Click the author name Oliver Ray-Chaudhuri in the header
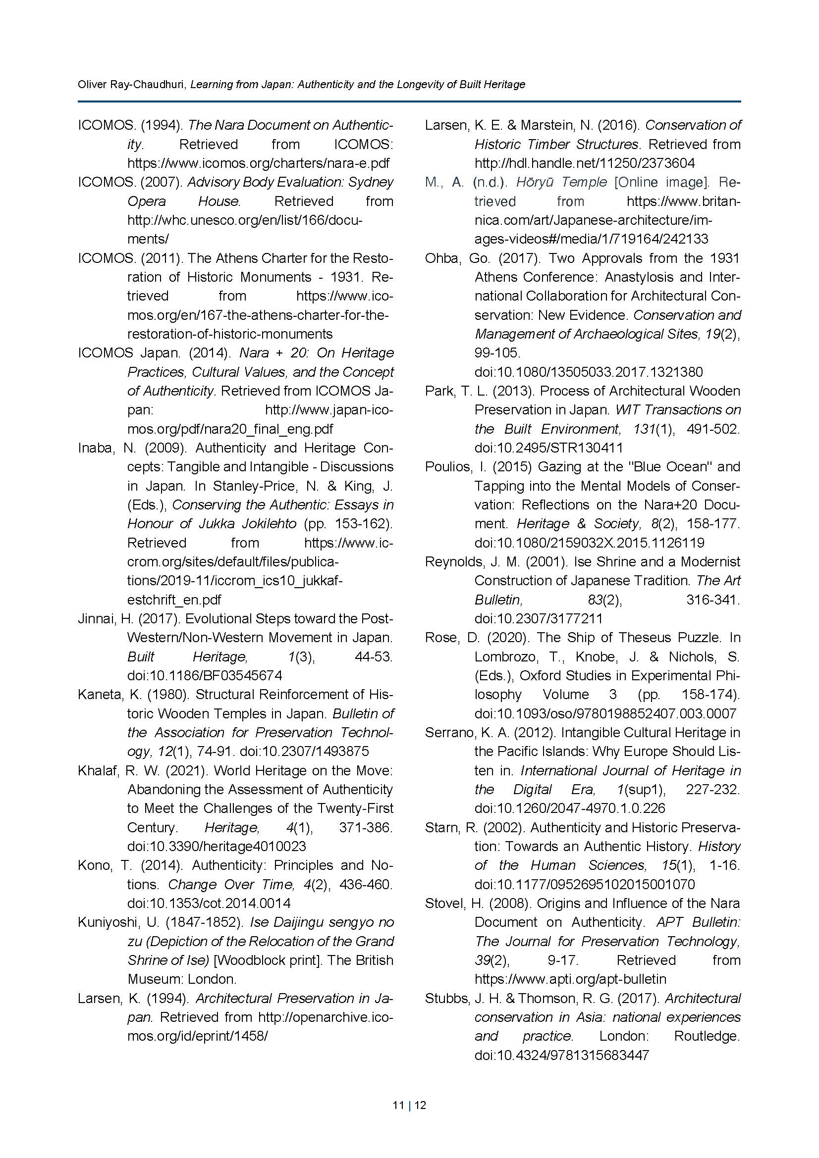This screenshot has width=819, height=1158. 132,85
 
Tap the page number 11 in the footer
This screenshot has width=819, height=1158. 398,1106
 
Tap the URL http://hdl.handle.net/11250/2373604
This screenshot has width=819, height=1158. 584,163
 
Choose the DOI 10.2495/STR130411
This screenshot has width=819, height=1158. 548,448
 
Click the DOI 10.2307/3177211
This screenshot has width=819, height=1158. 539,619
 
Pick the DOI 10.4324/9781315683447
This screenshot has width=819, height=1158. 561,1055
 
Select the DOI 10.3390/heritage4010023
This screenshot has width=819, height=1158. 217,846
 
